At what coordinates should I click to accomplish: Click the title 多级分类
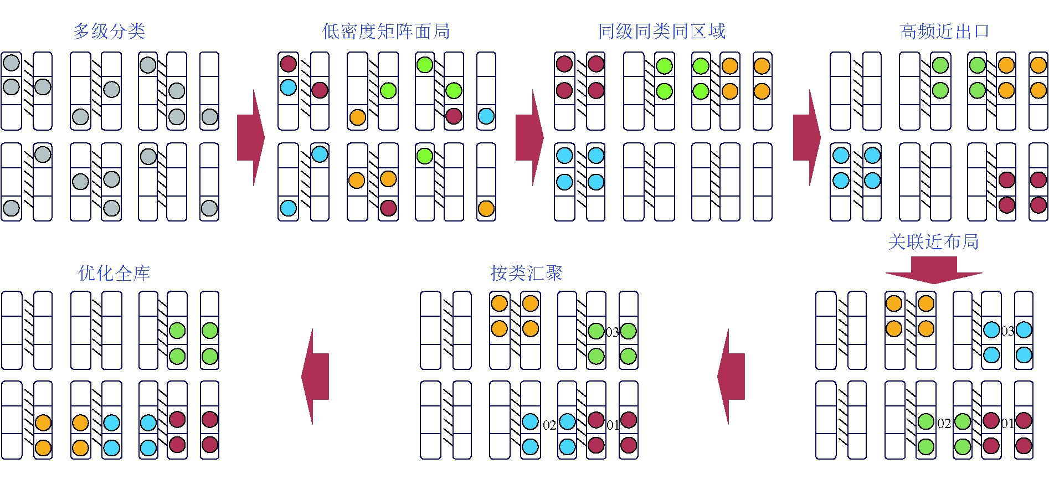pos(109,31)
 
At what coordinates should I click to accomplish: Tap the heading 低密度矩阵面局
pos(386,31)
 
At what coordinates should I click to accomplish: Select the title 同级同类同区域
pos(662,31)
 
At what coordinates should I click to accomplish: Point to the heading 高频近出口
pos(944,31)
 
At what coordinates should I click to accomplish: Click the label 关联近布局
pos(933,241)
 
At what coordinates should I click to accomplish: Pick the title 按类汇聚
pos(526,273)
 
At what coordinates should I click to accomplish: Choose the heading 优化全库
pos(114,273)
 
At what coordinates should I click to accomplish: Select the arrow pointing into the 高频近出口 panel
pos(806,138)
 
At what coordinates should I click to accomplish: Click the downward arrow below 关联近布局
pos(934,270)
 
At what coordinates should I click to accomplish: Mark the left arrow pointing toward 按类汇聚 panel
pos(732,377)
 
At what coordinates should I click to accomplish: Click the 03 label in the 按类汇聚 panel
pos(612,332)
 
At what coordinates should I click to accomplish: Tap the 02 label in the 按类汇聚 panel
pos(549,425)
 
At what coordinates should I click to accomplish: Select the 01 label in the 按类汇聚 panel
pos(612,425)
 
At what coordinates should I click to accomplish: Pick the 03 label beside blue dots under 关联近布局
pos(1007,331)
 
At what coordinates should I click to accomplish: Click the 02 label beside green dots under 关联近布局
pos(944,424)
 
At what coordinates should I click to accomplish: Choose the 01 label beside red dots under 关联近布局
pos(1007,424)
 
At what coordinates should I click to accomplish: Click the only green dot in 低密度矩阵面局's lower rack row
pos(425,156)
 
